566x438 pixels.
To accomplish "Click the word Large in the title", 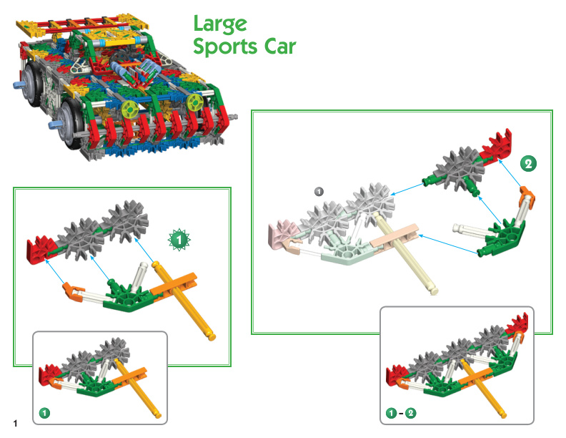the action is point(220,24).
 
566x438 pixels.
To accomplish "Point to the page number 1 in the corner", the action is point(15,423).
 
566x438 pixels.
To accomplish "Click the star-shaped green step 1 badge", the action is point(179,239).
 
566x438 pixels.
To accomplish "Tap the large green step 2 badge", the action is point(528,164).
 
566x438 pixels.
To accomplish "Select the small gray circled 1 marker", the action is point(319,191).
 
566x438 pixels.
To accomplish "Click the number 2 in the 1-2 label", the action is point(410,413).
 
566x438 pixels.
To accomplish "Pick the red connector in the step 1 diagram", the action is point(39,249).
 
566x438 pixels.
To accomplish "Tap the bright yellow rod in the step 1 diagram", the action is point(184,300).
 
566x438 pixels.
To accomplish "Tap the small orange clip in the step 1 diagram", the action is point(74,291).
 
